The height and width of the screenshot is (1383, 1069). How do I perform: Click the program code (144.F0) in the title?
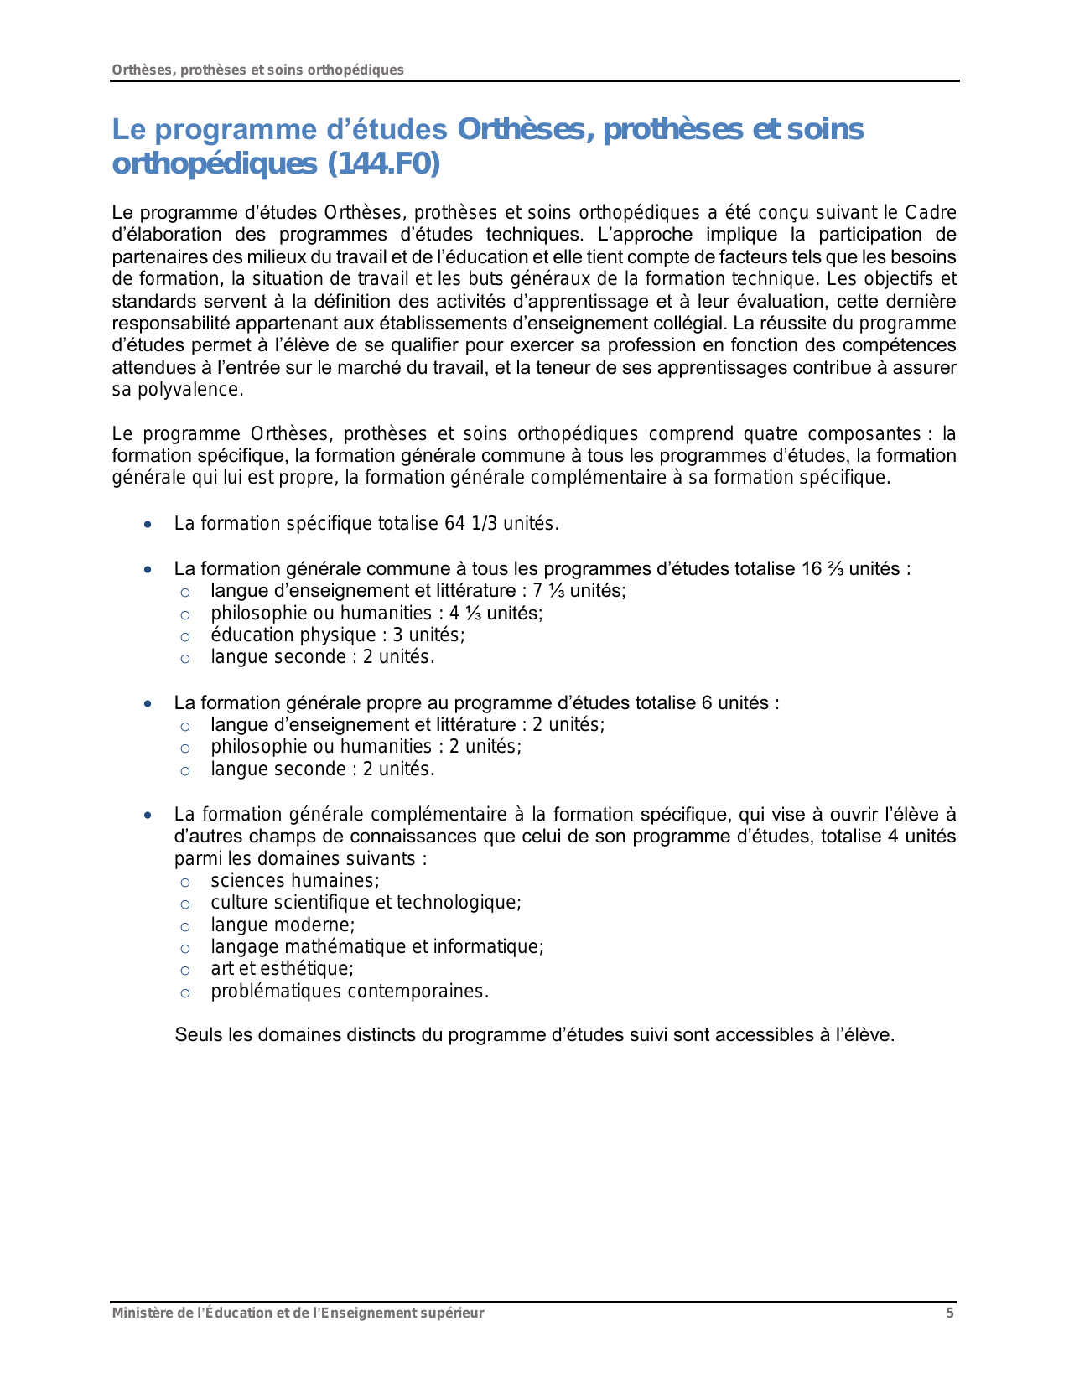pos(380,165)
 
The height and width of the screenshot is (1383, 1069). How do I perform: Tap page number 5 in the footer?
pos(950,1313)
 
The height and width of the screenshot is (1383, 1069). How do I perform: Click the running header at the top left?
pos(258,70)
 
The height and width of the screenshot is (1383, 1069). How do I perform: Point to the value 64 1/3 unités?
pos(501,524)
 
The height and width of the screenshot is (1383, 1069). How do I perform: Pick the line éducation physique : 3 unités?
pos(337,635)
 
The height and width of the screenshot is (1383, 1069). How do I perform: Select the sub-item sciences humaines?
pos(294,881)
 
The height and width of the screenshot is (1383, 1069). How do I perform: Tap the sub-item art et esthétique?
pos(282,969)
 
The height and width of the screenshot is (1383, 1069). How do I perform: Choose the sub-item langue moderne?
pos(283,925)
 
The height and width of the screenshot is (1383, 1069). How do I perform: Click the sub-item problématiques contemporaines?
pos(349,992)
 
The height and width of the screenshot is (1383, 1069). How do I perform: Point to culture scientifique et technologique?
pos(366,903)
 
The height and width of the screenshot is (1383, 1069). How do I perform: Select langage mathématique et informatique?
pos(376,947)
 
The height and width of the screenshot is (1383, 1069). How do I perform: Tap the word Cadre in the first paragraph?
pos(931,213)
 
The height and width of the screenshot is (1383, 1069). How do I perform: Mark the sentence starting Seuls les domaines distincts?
pos(534,1035)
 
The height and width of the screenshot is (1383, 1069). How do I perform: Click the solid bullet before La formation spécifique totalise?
pos(148,525)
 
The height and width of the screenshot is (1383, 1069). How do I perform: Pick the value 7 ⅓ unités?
pos(579,591)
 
